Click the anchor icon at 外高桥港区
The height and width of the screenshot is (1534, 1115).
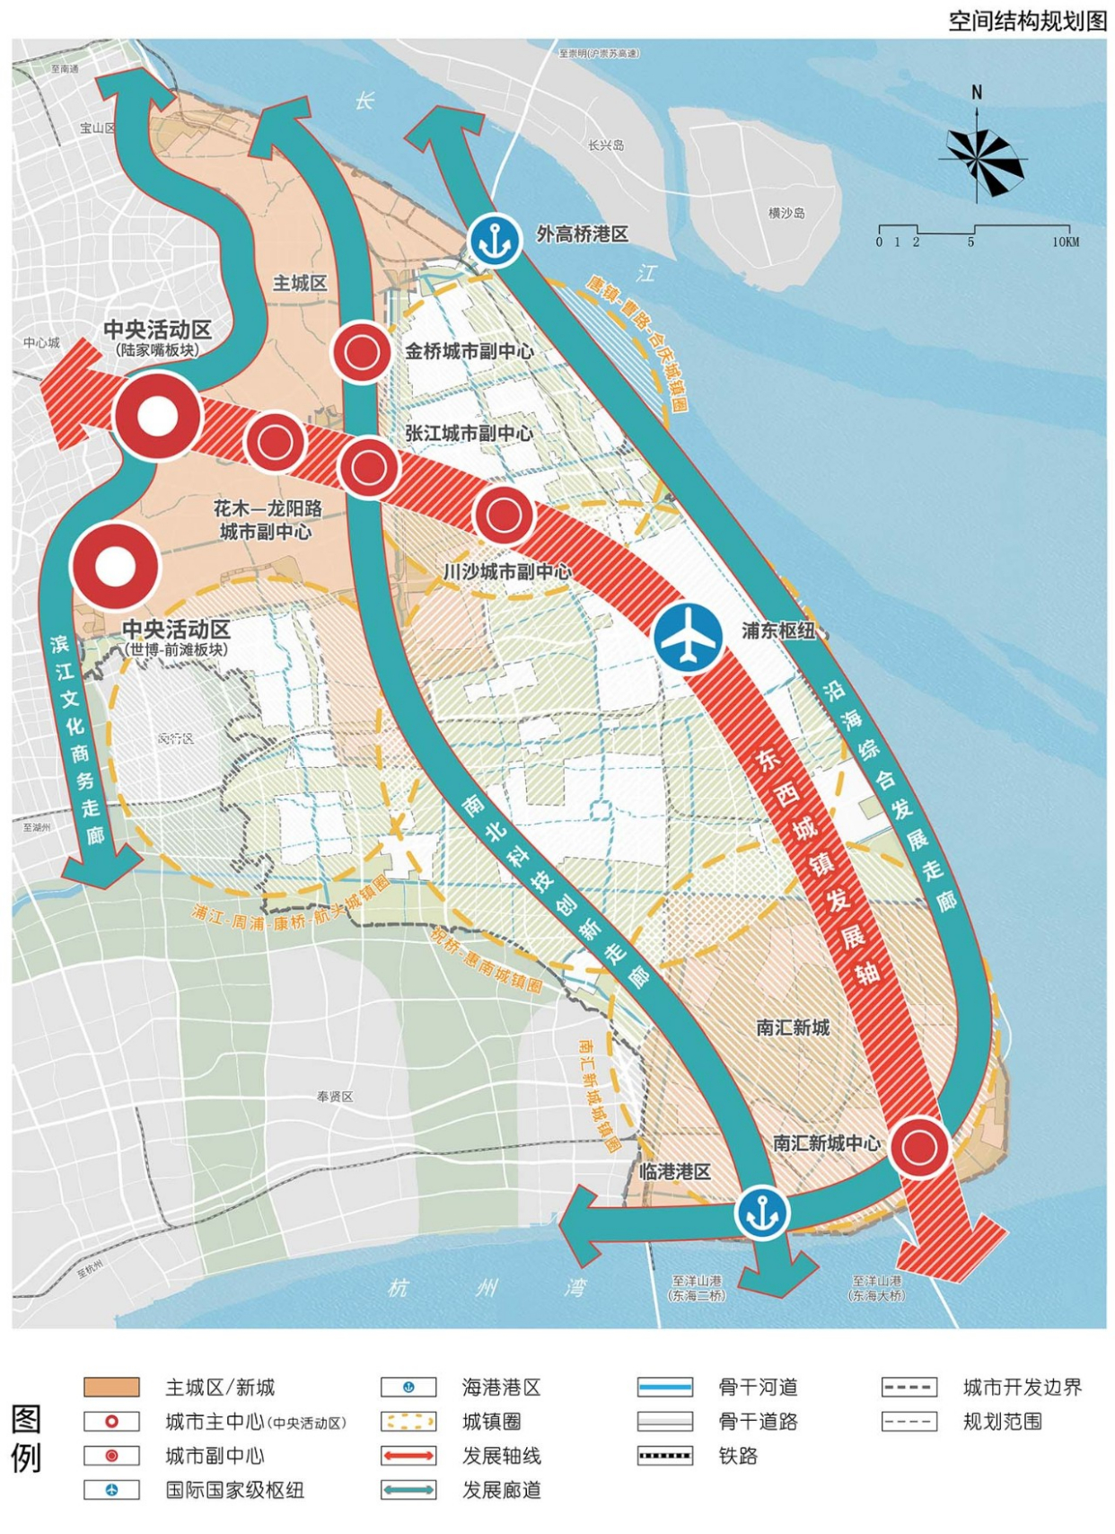pyautogui.click(x=494, y=240)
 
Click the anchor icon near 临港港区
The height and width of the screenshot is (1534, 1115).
pyautogui.click(x=762, y=1212)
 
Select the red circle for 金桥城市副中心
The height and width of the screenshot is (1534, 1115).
pyautogui.click(x=361, y=353)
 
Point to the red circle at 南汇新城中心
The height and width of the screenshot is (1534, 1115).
pyautogui.click(x=919, y=1147)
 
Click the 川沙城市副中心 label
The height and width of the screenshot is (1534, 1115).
pyautogui.click(x=506, y=571)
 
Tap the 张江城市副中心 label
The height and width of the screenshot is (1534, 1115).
pyautogui.click(x=469, y=433)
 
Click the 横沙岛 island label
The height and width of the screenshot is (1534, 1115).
pyautogui.click(x=786, y=213)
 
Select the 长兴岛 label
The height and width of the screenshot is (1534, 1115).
pyautogui.click(x=606, y=145)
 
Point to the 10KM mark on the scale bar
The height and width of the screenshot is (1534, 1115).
pyautogui.click(x=1066, y=242)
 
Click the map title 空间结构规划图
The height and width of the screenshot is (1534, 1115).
pyautogui.click(x=1028, y=21)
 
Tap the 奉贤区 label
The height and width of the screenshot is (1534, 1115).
pyautogui.click(x=335, y=1097)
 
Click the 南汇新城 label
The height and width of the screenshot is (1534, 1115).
pyautogui.click(x=793, y=1027)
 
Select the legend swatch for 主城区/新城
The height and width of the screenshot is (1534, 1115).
pyautogui.click(x=111, y=1387)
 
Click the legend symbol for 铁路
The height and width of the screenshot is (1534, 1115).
pyautogui.click(x=664, y=1455)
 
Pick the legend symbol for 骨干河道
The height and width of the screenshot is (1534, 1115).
pyautogui.click(x=664, y=1387)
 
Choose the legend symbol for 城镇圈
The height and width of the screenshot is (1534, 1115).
pyautogui.click(x=408, y=1421)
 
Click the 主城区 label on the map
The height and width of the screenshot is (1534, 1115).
pyautogui.click(x=300, y=283)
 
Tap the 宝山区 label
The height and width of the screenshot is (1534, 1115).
pyautogui.click(x=98, y=128)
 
